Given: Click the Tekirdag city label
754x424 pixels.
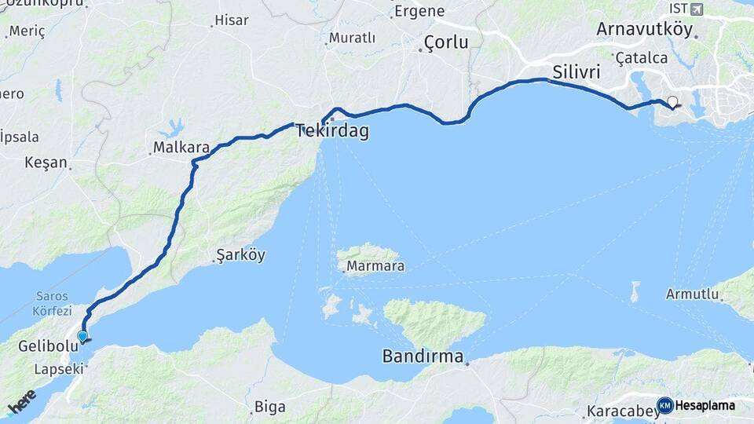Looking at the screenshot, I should tap(332, 132).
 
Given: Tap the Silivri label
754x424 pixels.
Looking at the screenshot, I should tap(576, 72).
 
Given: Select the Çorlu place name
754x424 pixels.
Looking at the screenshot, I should tap(445, 42).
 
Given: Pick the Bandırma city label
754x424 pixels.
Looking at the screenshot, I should tap(422, 356).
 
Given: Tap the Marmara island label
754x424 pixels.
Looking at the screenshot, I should tap(376, 266).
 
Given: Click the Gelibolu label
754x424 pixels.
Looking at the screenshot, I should tap(45, 347).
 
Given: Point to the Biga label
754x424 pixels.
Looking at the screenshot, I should tap(269, 407).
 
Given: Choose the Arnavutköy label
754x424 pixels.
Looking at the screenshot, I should tap(645, 30).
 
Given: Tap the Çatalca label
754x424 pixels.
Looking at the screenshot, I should tap(641, 58).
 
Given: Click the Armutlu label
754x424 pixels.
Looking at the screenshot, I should tap(692, 294).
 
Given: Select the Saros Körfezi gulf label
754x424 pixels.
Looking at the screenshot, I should tap(53, 304).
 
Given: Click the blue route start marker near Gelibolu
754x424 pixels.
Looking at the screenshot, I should tap(82, 337).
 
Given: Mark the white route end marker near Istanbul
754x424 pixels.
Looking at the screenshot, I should tap(672, 101).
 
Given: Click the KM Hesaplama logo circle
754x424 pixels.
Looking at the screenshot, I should tap(664, 405).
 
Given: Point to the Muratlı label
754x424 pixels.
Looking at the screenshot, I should tap(352, 38).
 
